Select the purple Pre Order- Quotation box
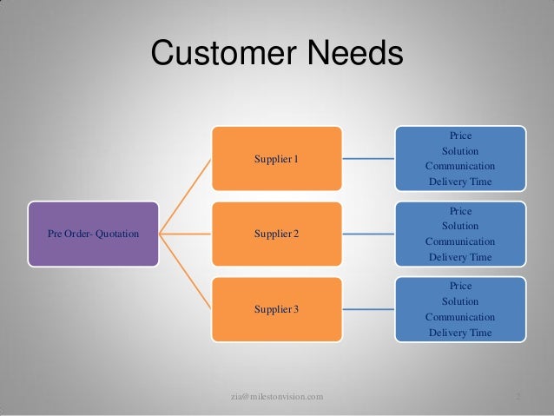94,234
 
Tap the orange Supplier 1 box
275,159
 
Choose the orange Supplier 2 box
275,234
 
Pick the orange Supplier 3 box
275,308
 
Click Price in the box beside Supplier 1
460,135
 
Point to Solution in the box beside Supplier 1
460,151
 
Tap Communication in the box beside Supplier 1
460,166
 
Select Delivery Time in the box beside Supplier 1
460,182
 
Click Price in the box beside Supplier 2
460,211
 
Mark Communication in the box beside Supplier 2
460,241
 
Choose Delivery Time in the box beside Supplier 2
460,257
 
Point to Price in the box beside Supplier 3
460,286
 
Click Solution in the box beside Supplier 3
460,301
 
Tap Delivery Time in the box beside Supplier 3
460,333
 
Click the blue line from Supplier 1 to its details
368,159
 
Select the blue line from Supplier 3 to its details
368,308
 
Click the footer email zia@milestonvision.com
277,397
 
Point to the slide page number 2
518,397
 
